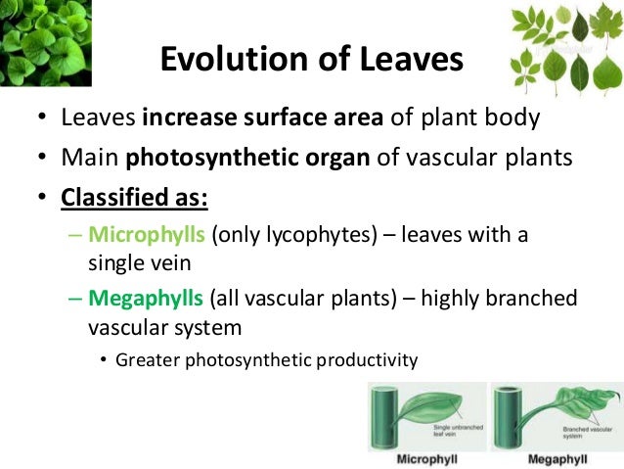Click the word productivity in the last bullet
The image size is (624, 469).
pyautogui.click(x=365, y=359)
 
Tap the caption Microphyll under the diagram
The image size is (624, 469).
pyautogui.click(x=427, y=458)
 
